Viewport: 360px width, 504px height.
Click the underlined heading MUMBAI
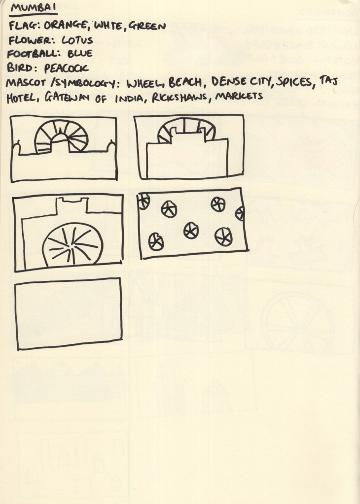click(33, 8)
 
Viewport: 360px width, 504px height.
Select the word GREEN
click(147, 26)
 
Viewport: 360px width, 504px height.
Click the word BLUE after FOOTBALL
click(80, 53)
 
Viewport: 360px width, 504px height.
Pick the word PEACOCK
click(66, 68)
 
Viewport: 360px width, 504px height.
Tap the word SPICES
click(294, 82)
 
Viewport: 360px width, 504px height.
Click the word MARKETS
click(239, 96)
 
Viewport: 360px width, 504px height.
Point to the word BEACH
click(185, 83)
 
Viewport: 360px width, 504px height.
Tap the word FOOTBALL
click(34, 53)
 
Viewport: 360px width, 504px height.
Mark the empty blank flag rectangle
click(69, 313)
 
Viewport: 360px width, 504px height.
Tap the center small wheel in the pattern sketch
click(191, 231)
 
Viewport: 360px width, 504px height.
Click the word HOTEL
click(23, 98)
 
